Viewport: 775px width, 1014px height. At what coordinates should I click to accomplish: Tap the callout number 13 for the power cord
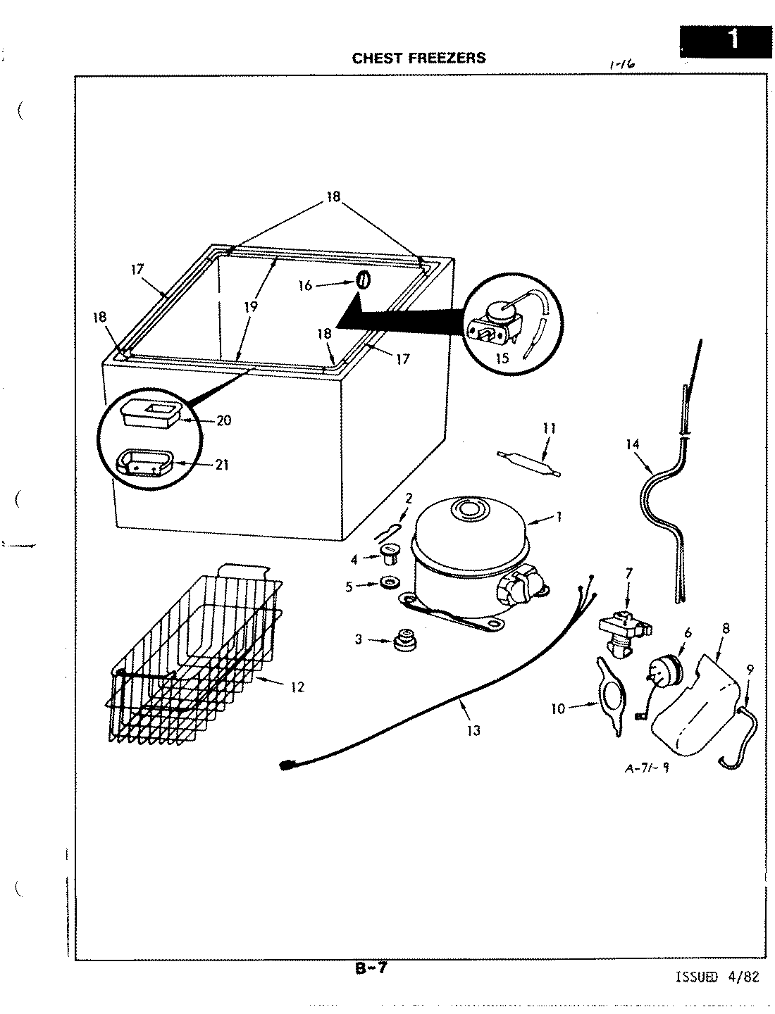click(x=473, y=731)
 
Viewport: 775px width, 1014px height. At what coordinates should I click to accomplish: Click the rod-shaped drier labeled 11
click(x=529, y=465)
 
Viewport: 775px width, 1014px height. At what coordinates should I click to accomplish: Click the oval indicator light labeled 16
click(x=362, y=280)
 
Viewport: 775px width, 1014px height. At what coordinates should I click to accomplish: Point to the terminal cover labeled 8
click(x=697, y=711)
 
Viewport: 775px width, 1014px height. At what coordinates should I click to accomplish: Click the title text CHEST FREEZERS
click(x=418, y=58)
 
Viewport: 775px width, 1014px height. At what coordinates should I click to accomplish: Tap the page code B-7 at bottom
click(x=371, y=968)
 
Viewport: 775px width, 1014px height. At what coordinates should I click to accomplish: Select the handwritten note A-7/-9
click(x=647, y=768)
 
